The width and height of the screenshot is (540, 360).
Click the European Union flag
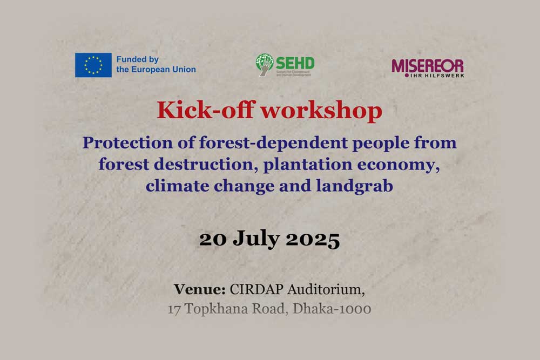click(x=93, y=65)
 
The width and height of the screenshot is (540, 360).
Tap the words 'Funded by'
click(x=138, y=60)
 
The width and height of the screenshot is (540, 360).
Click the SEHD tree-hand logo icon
click(x=264, y=65)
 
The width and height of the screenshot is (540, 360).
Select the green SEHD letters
click(x=295, y=62)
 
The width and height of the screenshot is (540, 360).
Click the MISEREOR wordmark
click(x=427, y=66)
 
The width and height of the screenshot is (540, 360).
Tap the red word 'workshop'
click(x=321, y=111)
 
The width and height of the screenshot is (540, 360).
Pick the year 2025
click(x=313, y=239)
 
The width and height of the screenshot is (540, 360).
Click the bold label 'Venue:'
click(x=199, y=289)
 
